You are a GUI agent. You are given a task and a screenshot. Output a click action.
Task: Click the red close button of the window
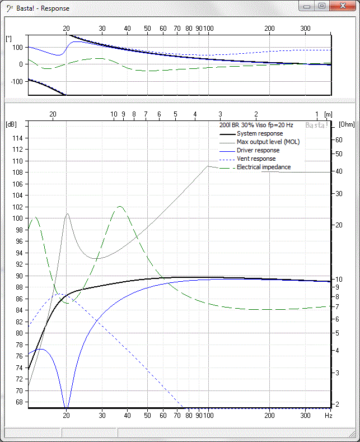[x=342, y=6]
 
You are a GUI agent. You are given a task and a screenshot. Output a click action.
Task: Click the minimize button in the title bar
[x=306, y=6]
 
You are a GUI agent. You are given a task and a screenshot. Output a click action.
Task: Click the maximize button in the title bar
[x=321, y=6]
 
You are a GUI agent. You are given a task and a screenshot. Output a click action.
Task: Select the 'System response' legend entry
[x=259, y=133]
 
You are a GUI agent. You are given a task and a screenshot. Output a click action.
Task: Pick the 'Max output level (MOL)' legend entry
[x=268, y=142]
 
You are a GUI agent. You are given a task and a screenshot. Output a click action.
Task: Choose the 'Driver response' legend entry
[x=258, y=150]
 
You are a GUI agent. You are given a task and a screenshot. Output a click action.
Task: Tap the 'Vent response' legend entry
[x=256, y=159]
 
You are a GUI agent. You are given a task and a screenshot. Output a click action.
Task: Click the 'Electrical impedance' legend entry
[x=264, y=167]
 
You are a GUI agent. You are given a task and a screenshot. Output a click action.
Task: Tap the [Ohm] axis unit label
[x=347, y=124]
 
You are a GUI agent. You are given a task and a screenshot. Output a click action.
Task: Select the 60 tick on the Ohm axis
[x=339, y=139]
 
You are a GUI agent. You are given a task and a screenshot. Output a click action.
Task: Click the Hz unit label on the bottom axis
[x=329, y=416]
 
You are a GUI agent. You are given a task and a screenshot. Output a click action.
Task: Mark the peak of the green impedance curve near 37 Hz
[x=119, y=206]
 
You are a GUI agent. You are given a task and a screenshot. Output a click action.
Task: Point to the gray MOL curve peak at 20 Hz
[x=67, y=213]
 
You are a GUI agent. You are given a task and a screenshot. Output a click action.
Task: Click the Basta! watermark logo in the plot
[x=316, y=125]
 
